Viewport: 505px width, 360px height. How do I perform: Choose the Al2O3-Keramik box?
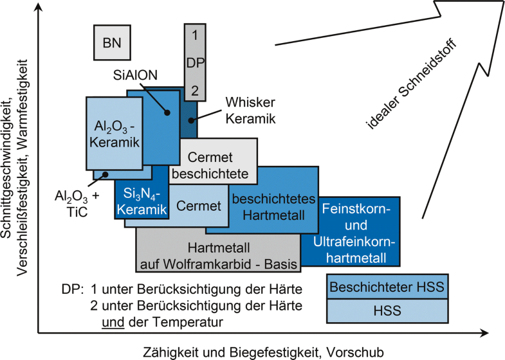[x=115, y=132]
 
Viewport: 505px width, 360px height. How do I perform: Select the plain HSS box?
[x=386, y=311]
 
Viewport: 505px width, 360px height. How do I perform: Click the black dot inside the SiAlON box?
[x=167, y=113]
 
